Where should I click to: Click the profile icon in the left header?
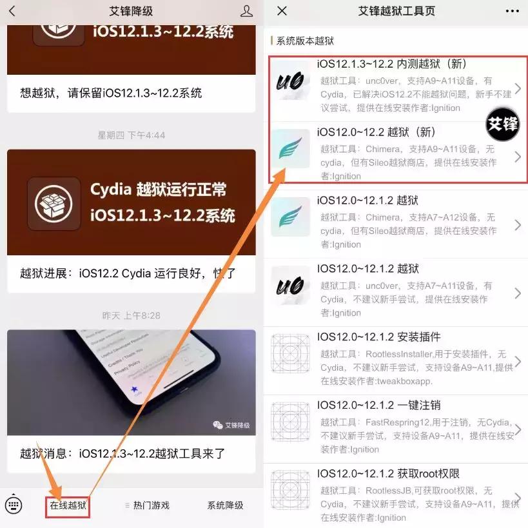tap(246, 11)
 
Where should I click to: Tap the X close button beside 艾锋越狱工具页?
tap(282, 11)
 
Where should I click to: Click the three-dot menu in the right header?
tap(512, 11)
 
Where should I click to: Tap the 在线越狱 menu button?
tap(68, 505)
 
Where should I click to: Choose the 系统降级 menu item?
tap(225, 505)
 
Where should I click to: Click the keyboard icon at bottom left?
tap(14, 505)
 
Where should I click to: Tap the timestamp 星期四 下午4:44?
tap(132, 135)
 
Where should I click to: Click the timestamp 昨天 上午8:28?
tap(132, 316)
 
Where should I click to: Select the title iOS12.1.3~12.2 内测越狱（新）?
tap(392, 64)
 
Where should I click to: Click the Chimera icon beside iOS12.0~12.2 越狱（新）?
tap(291, 148)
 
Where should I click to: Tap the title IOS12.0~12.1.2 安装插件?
tap(379, 337)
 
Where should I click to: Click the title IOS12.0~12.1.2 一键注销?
tap(379, 406)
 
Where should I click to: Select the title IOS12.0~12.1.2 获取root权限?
tap(388, 474)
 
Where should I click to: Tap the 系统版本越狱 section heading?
tap(305, 41)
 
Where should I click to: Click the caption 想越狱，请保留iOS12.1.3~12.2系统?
tap(111, 93)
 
